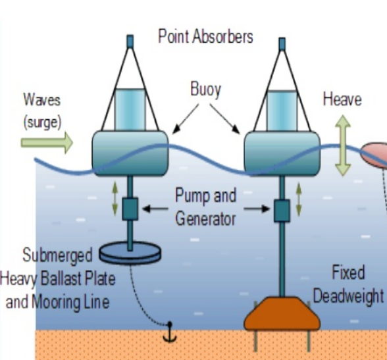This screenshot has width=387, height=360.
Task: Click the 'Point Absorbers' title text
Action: point(205,36)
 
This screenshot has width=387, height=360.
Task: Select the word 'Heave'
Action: point(342,99)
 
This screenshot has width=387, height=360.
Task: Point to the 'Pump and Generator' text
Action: point(205,207)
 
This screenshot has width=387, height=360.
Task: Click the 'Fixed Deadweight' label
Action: point(347,284)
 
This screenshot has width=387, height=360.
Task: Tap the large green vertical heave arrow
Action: point(342,146)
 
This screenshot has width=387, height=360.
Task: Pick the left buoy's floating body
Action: point(129,152)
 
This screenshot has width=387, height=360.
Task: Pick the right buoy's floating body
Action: point(282,153)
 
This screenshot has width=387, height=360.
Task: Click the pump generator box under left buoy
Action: point(130,208)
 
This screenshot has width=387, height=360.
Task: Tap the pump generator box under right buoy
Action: point(282,211)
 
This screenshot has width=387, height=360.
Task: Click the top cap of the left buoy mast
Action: point(130,41)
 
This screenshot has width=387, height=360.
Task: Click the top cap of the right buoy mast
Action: point(282,43)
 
